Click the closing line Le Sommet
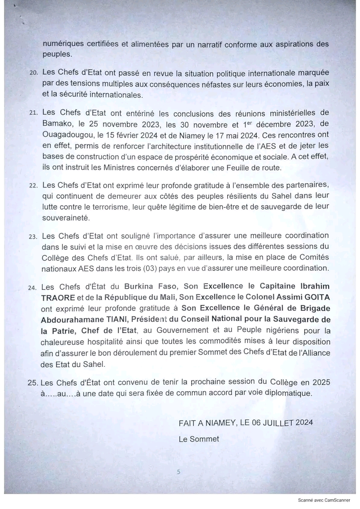(199, 439)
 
